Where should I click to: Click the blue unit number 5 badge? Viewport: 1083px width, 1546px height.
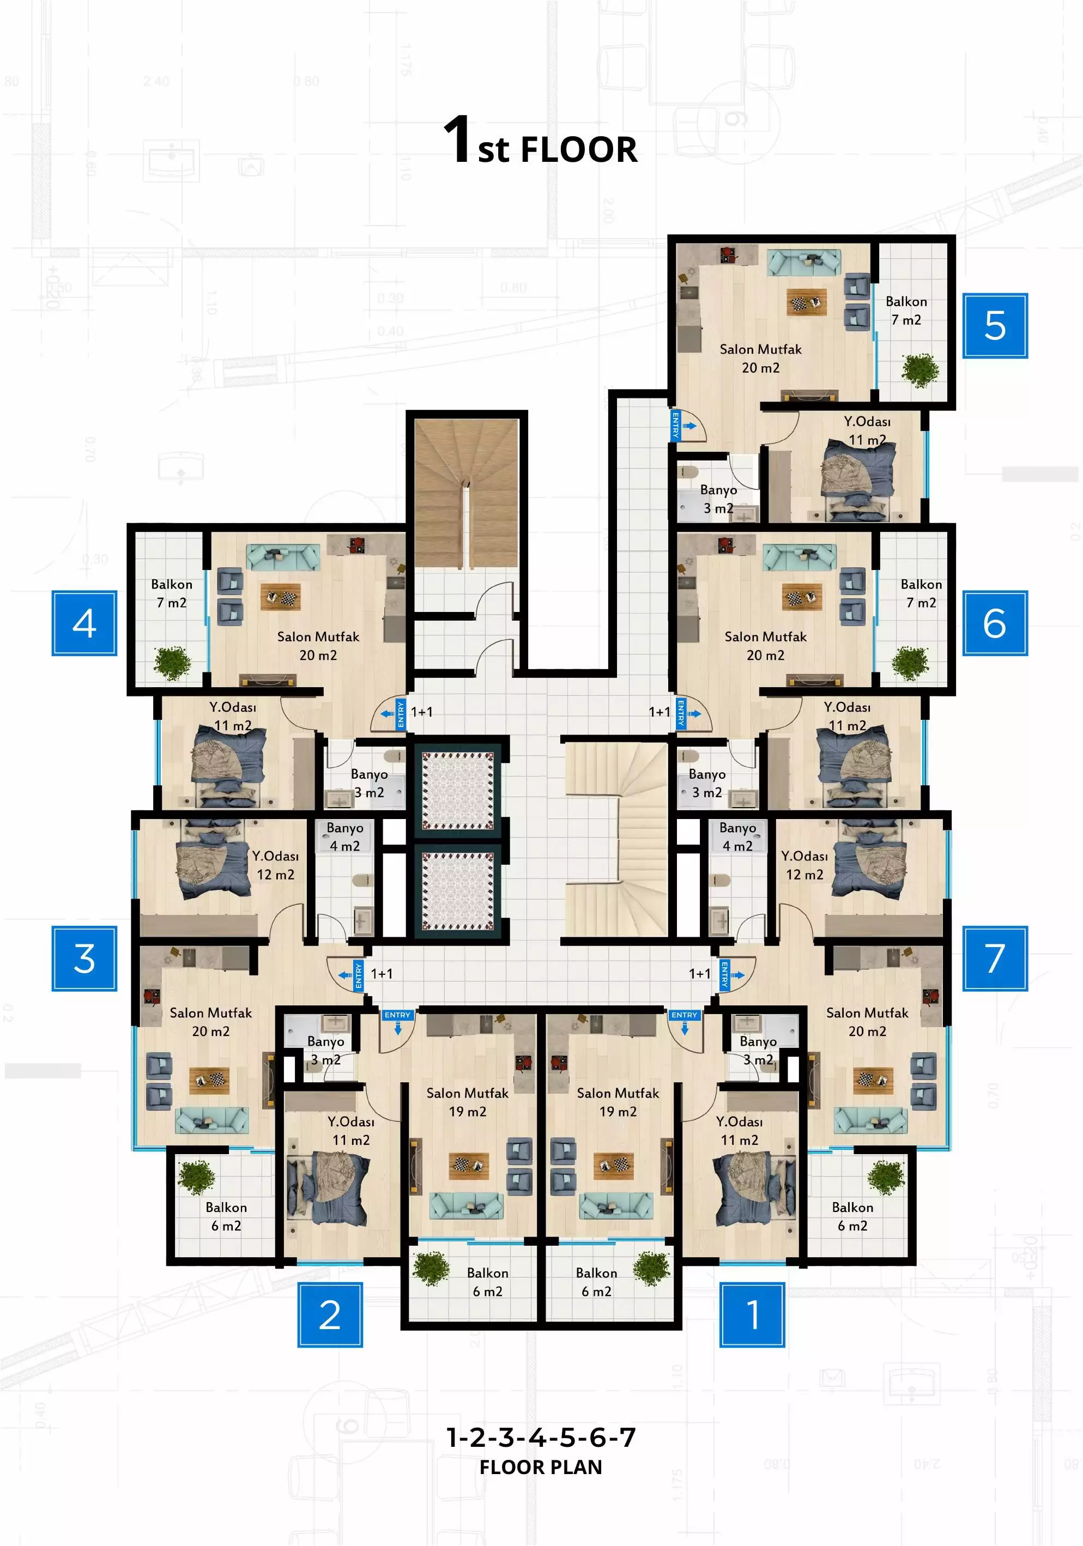coord(994,326)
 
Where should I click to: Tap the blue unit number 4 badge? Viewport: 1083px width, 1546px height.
coord(84,623)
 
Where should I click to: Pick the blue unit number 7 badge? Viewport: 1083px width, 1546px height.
coord(994,958)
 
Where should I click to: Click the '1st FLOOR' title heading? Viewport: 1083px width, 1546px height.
coord(540,141)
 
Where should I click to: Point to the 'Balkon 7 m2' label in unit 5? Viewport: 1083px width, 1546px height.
coord(906,311)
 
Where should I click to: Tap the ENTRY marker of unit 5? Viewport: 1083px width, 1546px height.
coord(675,426)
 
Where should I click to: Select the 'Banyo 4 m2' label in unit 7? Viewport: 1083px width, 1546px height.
coord(737,836)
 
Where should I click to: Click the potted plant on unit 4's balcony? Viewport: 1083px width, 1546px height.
coord(172,663)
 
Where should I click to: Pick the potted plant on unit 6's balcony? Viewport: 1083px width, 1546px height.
coord(910,663)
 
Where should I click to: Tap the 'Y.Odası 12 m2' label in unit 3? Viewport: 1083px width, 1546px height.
coord(275,865)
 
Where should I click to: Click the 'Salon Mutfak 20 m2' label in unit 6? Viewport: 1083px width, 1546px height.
coord(765,646)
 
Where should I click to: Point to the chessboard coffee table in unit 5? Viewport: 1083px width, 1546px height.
coord(807,303)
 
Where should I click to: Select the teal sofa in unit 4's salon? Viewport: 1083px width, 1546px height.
coord(283,557)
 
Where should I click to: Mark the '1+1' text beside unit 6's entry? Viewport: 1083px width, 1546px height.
coord(659,712)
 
